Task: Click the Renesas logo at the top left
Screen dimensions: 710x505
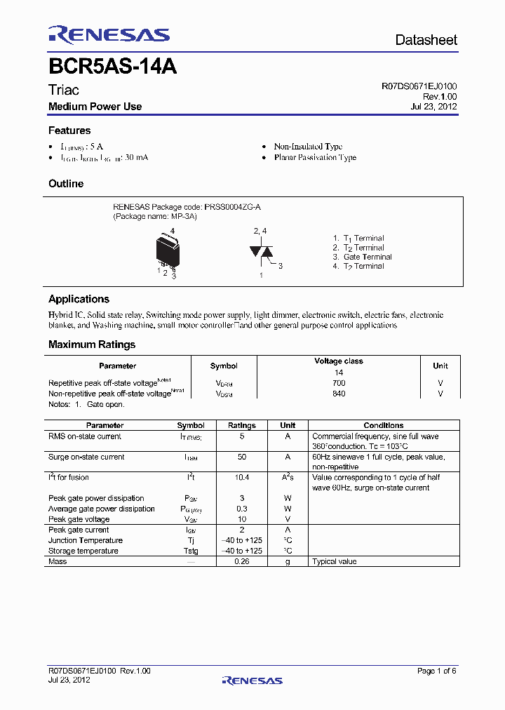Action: coord(109,35)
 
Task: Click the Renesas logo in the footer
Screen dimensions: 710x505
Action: coord(252,680)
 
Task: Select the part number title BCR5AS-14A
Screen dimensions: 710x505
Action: coord(112,67)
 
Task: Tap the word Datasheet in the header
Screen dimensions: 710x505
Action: coord(426,40)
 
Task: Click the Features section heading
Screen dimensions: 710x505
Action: coord(69,130)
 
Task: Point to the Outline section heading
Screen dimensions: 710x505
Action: coord(66,184)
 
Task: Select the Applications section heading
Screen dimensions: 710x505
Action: coord(79,299)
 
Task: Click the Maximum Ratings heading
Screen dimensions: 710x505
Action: coord(92,344)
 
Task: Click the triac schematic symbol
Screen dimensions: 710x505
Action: coord(261,251)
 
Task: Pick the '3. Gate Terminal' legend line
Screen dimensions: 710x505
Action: coord(362,257)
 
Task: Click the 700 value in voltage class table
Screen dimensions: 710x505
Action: coord(339,383)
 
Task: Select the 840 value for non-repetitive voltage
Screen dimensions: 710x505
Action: coord(339,394)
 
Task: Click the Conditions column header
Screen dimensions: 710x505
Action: coord(383,425)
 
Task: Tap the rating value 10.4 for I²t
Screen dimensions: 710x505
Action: coord(242,477)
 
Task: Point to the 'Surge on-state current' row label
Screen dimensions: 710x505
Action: coord(86,457)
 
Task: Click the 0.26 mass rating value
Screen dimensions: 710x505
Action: coord(242,561)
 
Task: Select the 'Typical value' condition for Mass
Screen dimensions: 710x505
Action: coord(335,561)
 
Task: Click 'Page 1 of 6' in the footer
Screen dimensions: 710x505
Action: coord(437,671)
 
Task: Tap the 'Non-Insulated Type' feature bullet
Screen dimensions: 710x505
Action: coord(308,147)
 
